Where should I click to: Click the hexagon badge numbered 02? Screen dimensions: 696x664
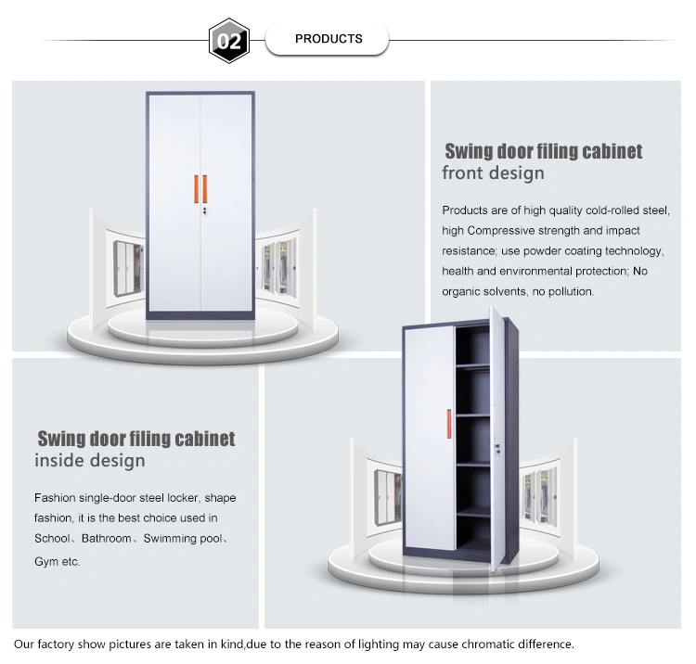click(x=229, y=41)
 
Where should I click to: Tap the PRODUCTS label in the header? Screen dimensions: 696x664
click(x=329, y=39)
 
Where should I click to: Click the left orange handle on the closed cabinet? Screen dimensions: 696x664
click(x=196, y=189)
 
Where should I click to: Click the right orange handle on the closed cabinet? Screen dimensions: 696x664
click(x=205, y=189)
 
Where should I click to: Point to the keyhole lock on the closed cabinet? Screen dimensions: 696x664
click(x=205, y=211)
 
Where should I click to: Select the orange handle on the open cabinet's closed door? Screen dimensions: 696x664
click(x=449, y=424)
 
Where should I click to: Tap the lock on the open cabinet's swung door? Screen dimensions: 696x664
click(x=498, y=450)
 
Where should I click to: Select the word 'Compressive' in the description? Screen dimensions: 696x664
click(x=501, y=231)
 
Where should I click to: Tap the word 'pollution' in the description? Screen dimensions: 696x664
click(x=571, y=291)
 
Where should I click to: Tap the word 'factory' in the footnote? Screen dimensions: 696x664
click(x=56, y=645)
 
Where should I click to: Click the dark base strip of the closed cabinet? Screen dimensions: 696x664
click(x=200, y=315)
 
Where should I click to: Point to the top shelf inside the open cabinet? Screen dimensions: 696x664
click(x=472, y=365)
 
